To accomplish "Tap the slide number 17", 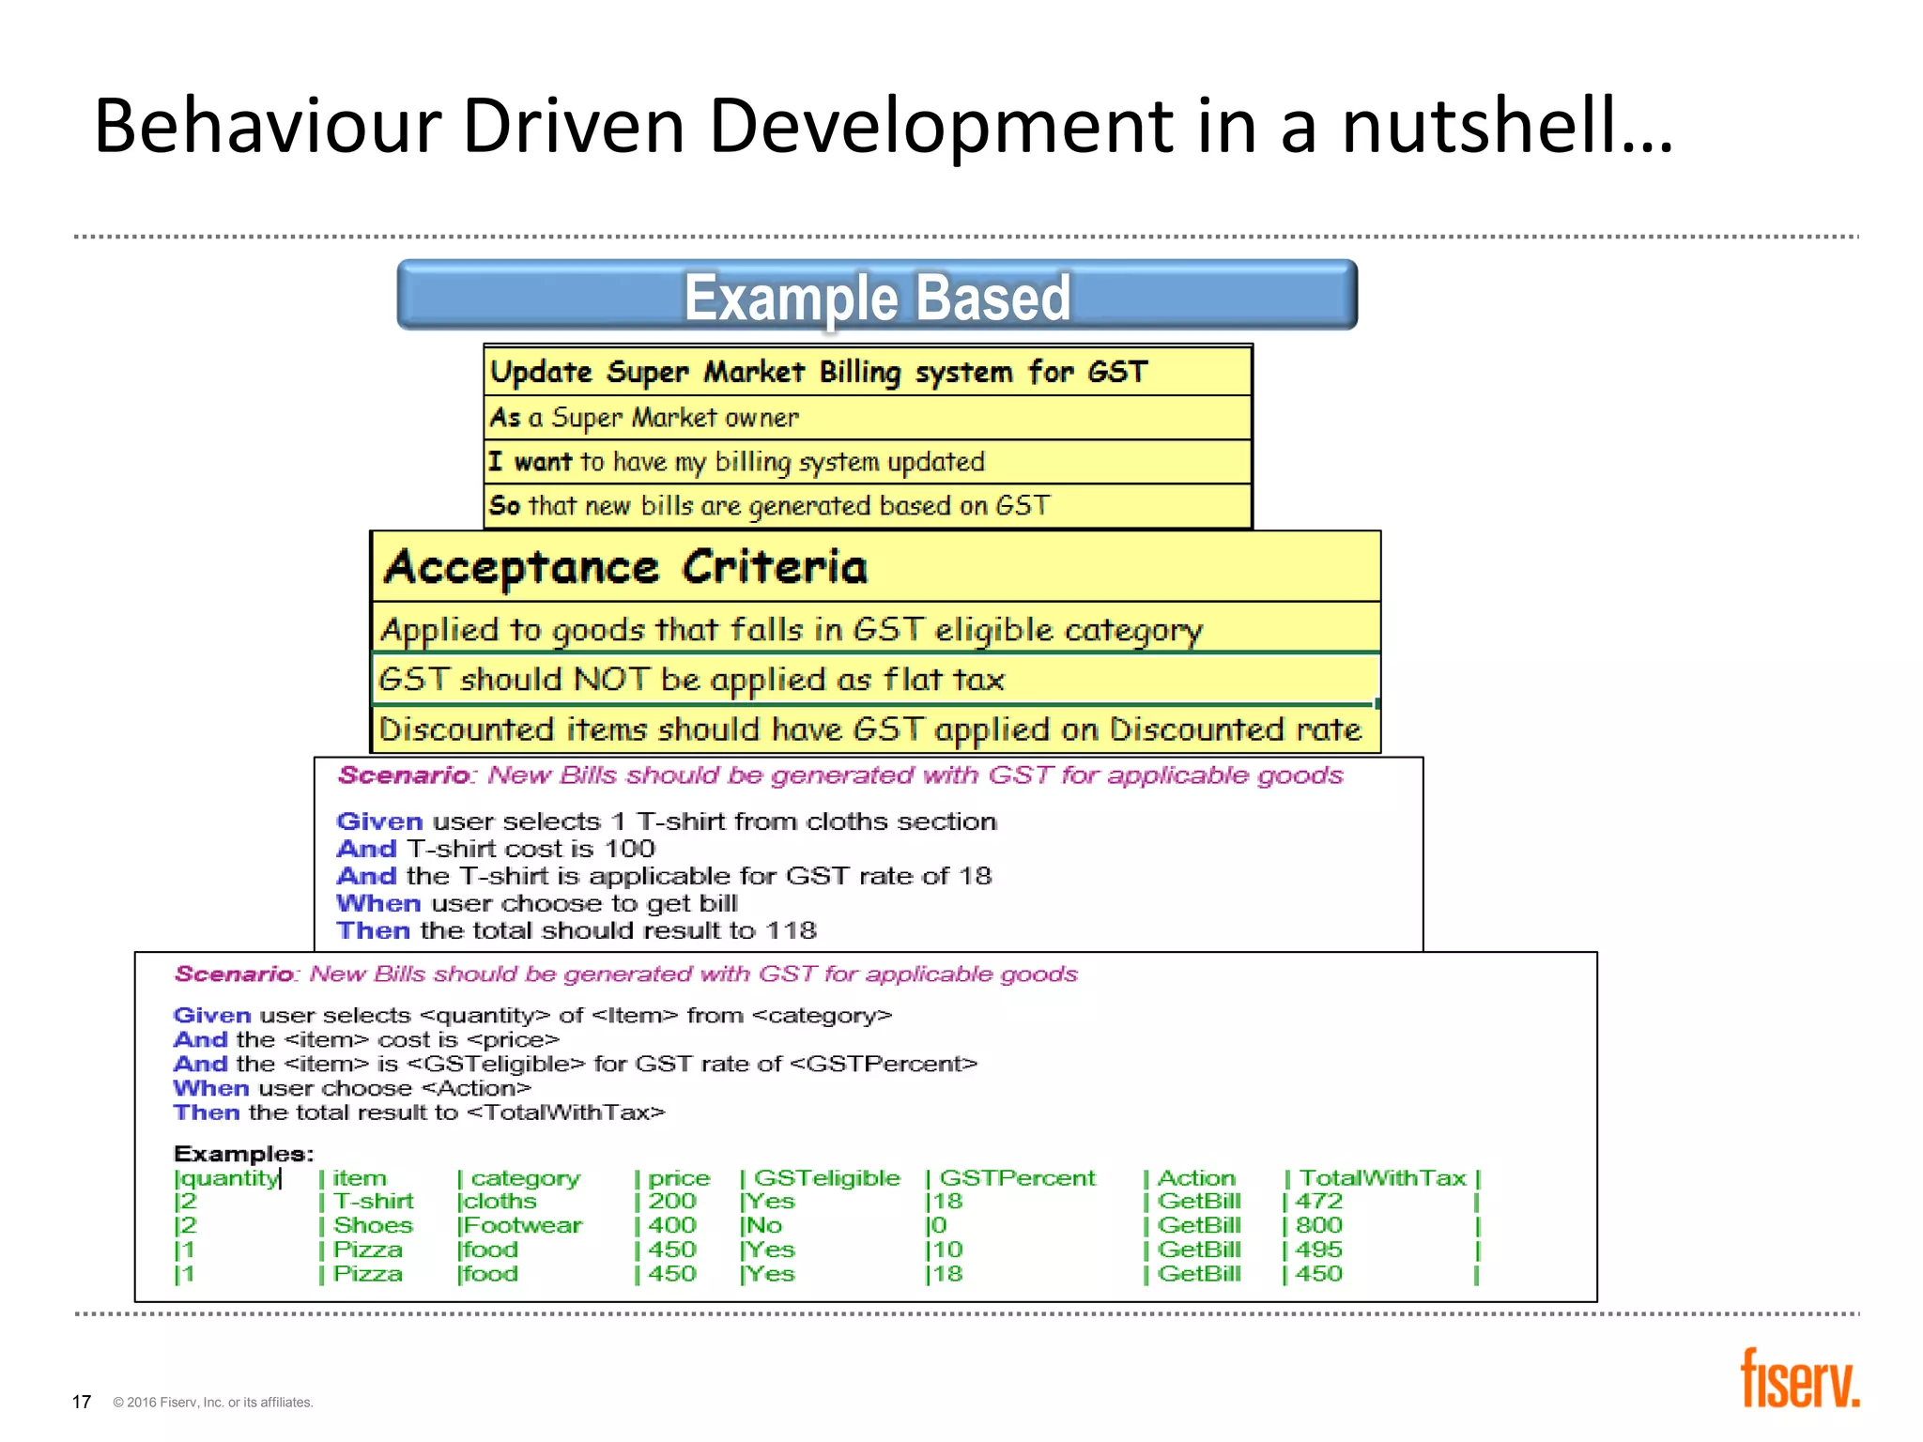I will pos(82,1402).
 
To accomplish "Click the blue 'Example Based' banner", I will pos(877,296).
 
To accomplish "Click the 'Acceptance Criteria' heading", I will pos(625,567).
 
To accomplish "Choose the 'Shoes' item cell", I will pos(373,1225).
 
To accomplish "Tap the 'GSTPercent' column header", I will pos(1017,1177).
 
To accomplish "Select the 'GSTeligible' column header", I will pos(826,1177).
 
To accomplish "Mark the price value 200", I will pos(672,1201).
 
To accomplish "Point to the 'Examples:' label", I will pos(243,1153).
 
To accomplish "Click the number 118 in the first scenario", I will pos(791,930).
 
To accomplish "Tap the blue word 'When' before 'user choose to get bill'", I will pos(378,903).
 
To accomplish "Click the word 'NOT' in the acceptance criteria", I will pos(611,679).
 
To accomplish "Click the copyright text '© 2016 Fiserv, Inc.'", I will pos(212,1403).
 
